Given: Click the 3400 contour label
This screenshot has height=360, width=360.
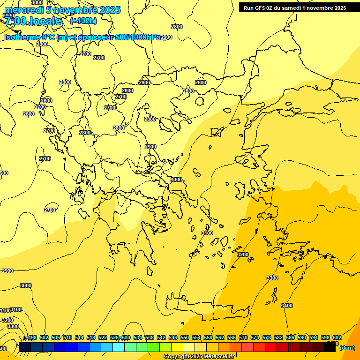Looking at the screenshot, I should point(287,306).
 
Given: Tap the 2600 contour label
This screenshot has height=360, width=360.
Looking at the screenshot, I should point(28,114).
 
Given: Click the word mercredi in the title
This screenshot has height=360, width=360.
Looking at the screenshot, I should point(23,10).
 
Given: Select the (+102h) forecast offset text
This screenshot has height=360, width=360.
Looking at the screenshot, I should point(83,21).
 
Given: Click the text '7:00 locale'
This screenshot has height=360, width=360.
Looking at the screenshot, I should point(33,21).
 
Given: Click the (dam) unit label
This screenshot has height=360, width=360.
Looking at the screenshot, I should point(347,348).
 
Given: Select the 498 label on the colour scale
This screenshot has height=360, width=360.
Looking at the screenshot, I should point(32,337).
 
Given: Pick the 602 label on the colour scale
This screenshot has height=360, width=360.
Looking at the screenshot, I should point(337,337).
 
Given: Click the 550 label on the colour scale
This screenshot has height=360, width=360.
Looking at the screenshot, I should point(185,337).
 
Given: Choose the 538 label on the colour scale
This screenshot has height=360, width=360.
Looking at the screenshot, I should point(150,337).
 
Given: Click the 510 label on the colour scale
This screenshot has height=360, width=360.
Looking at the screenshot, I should point(67,337).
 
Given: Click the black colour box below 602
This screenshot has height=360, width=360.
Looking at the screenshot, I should point(330,347).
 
